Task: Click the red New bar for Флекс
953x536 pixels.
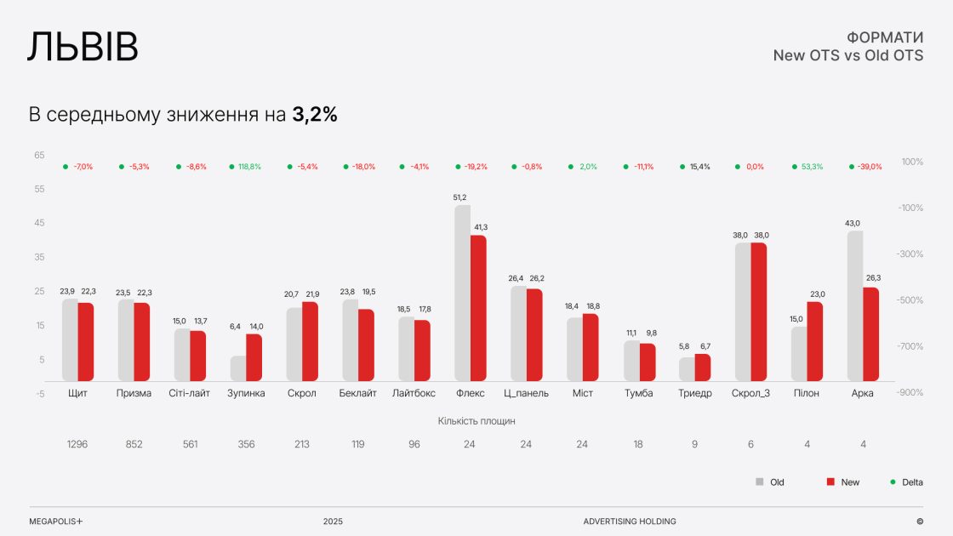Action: [478, 308]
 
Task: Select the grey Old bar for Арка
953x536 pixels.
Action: [855, 305]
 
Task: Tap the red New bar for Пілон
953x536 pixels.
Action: [814, 341]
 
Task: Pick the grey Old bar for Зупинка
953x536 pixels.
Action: [238, 368]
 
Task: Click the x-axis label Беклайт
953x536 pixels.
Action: [357, 393]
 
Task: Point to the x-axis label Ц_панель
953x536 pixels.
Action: [527, 393]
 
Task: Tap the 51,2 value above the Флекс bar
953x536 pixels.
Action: [460, 197]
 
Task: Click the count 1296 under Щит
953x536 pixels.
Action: [77, 444]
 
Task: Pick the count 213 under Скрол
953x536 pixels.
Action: [302, 444]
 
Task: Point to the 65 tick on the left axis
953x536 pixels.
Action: [40, 156]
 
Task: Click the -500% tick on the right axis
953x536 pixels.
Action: [911, 300]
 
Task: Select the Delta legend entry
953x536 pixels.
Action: [906, 482]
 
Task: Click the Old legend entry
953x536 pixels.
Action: [771, 482]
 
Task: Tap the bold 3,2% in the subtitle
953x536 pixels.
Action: [315, 115]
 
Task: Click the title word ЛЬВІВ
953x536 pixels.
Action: [83, 48]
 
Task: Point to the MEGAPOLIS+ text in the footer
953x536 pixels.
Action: [55, 522]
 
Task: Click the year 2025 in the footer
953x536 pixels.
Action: [333, 522]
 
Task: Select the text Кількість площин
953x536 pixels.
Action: [476, 420]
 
